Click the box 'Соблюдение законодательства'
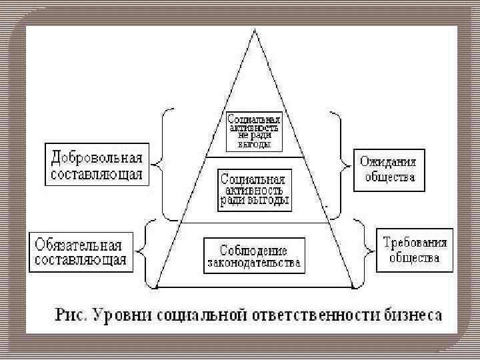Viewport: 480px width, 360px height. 253,256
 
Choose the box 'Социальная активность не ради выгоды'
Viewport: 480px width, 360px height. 253,131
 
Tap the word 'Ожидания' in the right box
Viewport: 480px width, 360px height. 387,161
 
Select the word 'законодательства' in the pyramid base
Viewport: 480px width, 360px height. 253,263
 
